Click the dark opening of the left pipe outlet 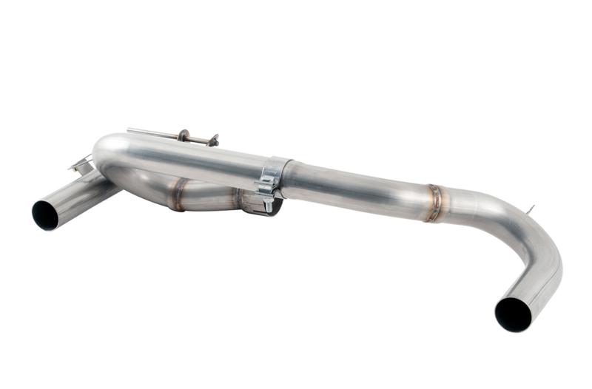pos(45,214)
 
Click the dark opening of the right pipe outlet pos(513,314)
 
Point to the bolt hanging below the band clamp pos(264,203)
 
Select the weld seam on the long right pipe pos(434,202)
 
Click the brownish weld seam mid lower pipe pos(178,194)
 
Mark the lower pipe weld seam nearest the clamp pos(238,200)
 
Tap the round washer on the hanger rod pos(183,135)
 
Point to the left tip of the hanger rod pos(129,130)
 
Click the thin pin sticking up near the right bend pos(530,211)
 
